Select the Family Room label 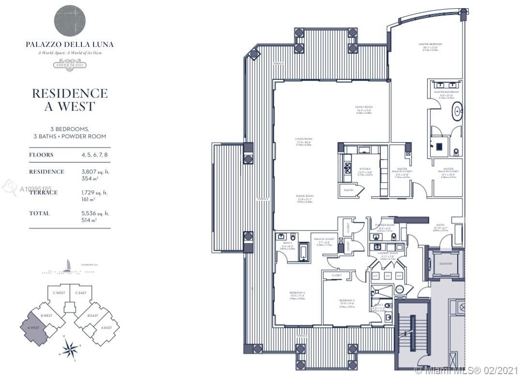pyautogui.click(x=364, y=107)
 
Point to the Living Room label pyautogui.click(x=303, y=139)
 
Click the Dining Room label pyautogui.click(x=305, y=196)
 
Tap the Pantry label pyautogui.click(x=348, y=190)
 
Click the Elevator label pyautogui.click(x=445, y=263)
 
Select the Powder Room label pyautogui.click(x=385, y=225)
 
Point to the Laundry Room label pyautogui.click(x=388, y=253)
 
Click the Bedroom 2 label pyautogui.click(x=297, y=293)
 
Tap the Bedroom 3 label pyautogui.click(x=347, y=301)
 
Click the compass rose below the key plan pyautogui.click(x=70, y=348)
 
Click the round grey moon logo pyautogui.click(x=70, y=21)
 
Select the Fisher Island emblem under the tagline pyautogui.click(x=70, y=64)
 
